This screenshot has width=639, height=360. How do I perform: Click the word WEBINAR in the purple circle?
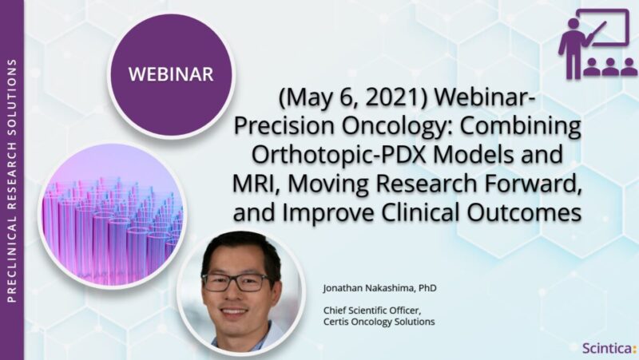(173, 75)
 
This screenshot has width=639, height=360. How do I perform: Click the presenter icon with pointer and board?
(597, 43)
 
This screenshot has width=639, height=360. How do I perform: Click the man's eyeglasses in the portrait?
(237, 282)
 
